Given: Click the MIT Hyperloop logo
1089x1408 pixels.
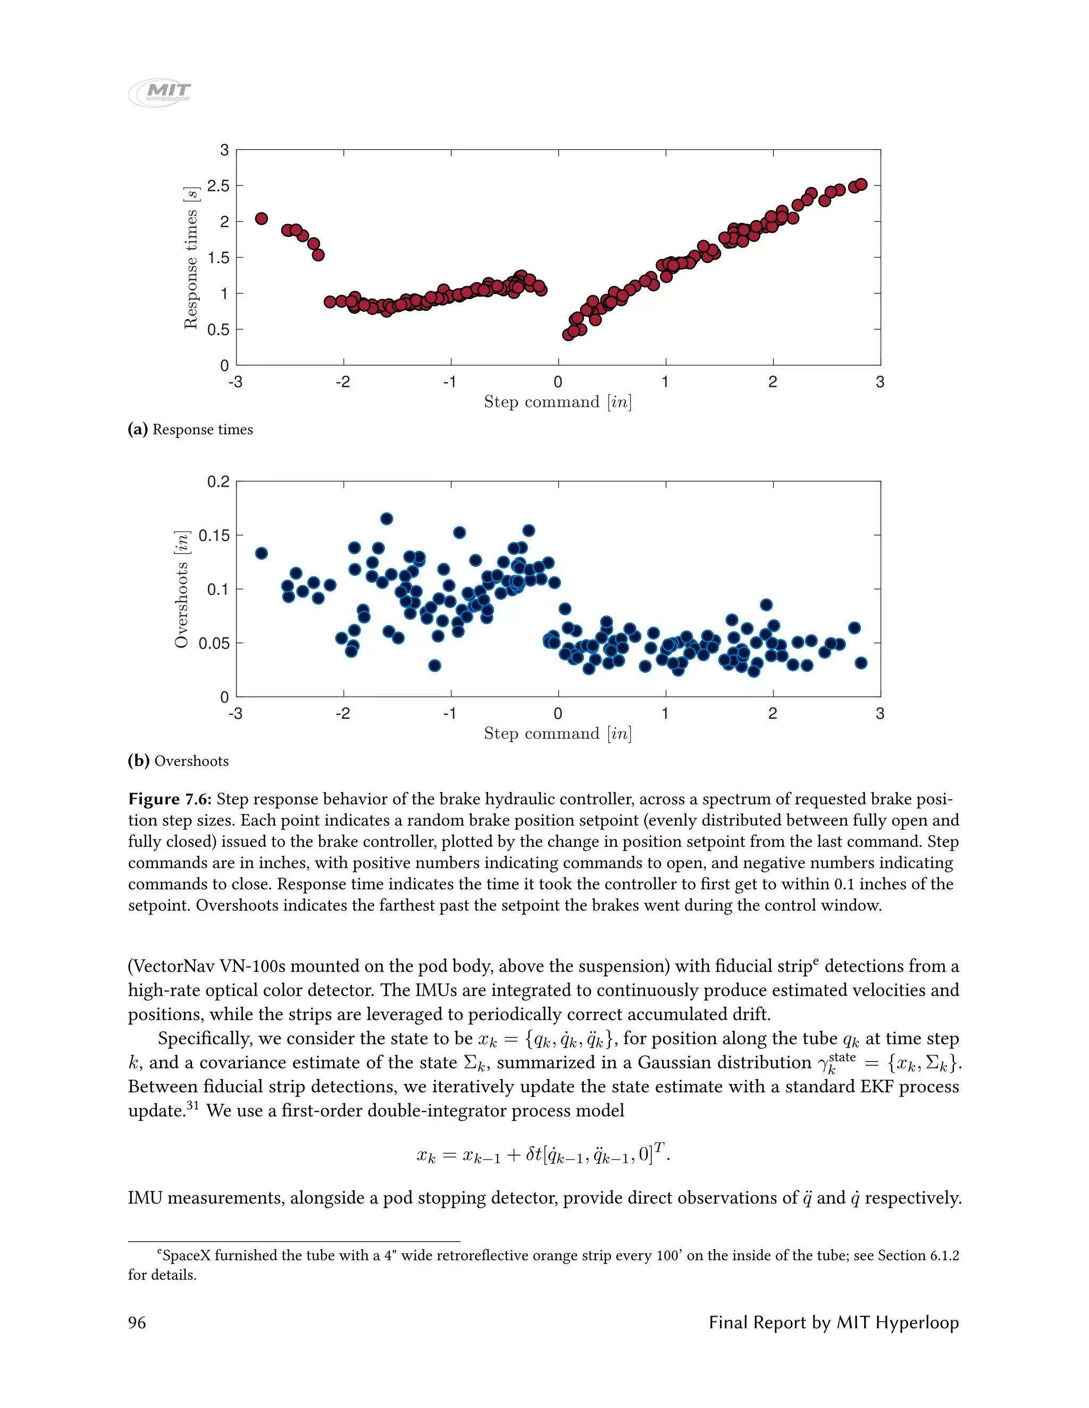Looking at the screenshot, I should pos(160,92).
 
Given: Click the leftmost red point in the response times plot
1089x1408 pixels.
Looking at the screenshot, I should pos(261,218).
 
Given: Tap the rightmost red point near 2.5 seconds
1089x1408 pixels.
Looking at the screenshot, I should pos(861,184).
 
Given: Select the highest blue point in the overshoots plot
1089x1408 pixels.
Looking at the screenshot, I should pos(387,519).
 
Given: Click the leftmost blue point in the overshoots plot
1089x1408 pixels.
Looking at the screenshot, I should pos(261,553).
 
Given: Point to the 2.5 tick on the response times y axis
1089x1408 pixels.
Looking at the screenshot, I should pos(217,185).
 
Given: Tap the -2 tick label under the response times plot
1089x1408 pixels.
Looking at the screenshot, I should pos(342,383).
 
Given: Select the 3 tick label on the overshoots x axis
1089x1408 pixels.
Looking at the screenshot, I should pos(879,714).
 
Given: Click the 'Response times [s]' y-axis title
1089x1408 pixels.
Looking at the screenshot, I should pos(190,258).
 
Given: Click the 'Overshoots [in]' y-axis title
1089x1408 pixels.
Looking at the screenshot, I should pos(181,589).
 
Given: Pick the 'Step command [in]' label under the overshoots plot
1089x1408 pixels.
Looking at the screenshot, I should pos(557,734).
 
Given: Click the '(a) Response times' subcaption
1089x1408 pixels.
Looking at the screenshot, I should pos(190,429).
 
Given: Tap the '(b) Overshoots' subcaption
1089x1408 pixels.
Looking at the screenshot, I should pos(178,761).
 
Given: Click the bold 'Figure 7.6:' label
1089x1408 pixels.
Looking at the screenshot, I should pos(169,800).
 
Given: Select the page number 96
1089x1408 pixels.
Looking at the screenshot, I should pos(137,1322).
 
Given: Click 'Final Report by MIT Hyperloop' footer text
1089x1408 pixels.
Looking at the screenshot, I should pos(834,1322).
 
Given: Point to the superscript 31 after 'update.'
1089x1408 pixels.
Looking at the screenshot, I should pos(192,1106).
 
